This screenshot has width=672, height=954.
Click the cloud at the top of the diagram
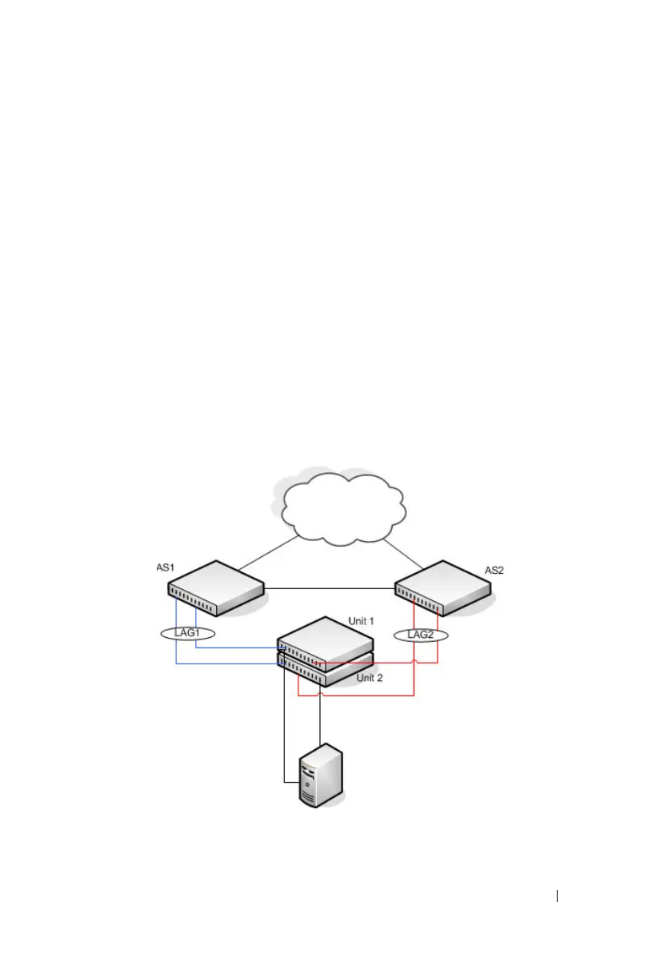342,506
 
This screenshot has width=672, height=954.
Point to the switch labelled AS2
443,587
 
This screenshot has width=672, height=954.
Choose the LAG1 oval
185,633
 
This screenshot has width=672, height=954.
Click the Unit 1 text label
362,620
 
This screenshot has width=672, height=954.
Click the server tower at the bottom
322,776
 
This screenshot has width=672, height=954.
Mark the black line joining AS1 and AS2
328,590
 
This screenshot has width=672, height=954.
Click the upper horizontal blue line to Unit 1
237,648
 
